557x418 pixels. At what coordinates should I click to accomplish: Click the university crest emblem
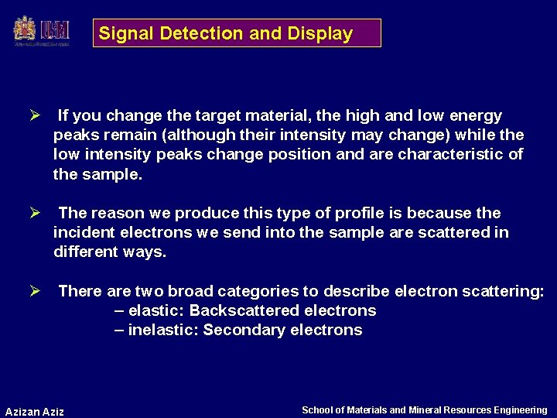(25, 30)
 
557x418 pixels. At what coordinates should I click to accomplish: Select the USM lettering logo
(56, 30)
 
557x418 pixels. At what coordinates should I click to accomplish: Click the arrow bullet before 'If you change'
(34, 116)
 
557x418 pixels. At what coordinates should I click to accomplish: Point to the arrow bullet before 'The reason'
(34, 213)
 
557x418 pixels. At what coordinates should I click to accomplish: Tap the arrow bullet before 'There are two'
(34, 291)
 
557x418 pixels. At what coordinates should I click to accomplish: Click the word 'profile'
(344, 213)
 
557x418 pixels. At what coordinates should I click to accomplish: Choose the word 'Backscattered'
(238, 310)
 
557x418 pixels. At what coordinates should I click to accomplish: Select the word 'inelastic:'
(163, 330)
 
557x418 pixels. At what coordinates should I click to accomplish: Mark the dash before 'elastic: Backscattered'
(119, 310)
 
